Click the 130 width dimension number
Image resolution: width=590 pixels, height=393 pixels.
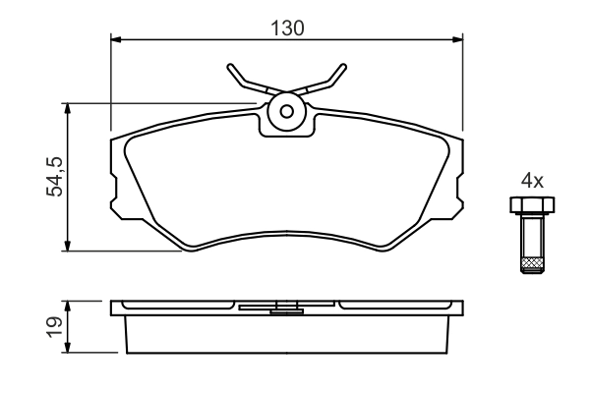click(287, 28)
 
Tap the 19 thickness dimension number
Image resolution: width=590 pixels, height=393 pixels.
click(56, 326)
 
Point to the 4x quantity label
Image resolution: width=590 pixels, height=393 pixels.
click(532, 181)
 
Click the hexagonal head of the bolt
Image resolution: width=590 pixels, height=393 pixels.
click(532, 204)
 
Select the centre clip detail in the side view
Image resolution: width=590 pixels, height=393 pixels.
click(286, 310)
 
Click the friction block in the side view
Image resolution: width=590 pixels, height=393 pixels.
click(286, 334)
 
